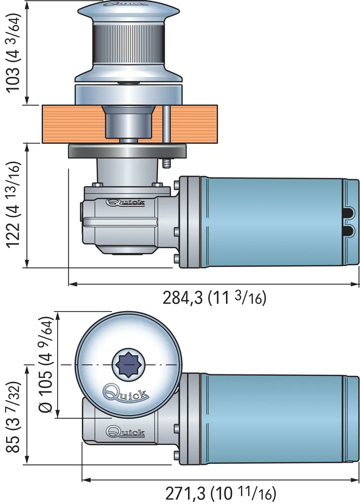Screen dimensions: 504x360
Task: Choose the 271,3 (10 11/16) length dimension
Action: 220,493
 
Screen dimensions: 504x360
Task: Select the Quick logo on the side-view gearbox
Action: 125,203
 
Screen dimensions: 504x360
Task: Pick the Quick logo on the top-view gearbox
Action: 125,431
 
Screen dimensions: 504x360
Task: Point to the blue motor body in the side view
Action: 272,222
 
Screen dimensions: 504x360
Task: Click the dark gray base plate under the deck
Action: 127,151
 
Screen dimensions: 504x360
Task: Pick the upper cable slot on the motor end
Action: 349,214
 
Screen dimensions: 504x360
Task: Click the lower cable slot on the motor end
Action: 349,230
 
